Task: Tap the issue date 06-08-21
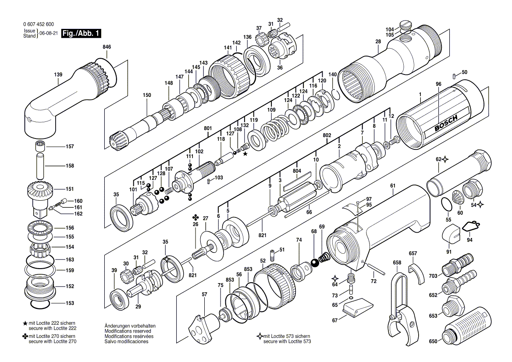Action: [x=49, y=33]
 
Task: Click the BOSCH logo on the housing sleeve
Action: [x=446, y=123]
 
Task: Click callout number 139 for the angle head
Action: [x=58, y=75]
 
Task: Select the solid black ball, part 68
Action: [x=314, y=263]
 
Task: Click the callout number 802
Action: [x=327, y=136]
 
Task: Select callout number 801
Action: [x=208, y=128]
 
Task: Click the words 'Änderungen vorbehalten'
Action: [x=130, y=326]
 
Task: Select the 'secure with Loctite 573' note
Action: [x=287, y=341]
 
